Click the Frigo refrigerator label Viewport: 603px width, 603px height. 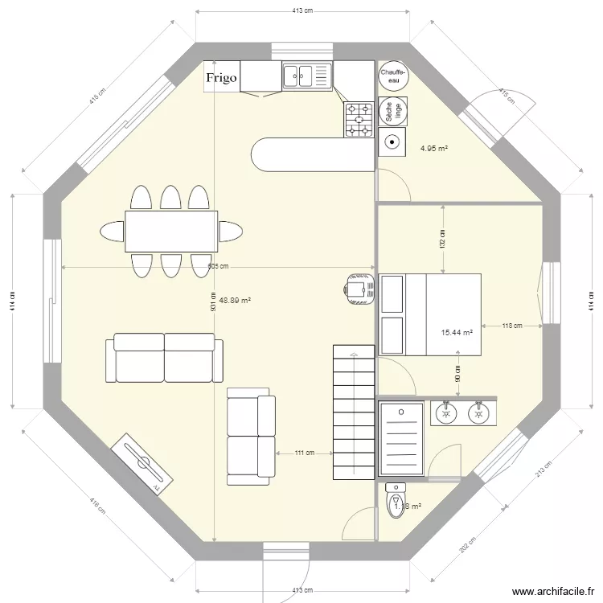[221, 77]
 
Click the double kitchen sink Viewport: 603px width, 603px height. [306, 76]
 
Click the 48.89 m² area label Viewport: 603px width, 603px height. [235, 300]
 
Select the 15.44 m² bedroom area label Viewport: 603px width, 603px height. [457, 332]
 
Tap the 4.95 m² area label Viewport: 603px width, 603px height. [434, 148]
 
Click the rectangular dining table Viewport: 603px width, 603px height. [170, 231]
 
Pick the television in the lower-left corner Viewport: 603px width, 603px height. [143, 464]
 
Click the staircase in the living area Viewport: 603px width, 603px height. [354, 412]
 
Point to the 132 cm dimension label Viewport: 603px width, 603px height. [442, 239]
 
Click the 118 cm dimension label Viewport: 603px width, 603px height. [512, 326]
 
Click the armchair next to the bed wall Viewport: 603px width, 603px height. [358, 288]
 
